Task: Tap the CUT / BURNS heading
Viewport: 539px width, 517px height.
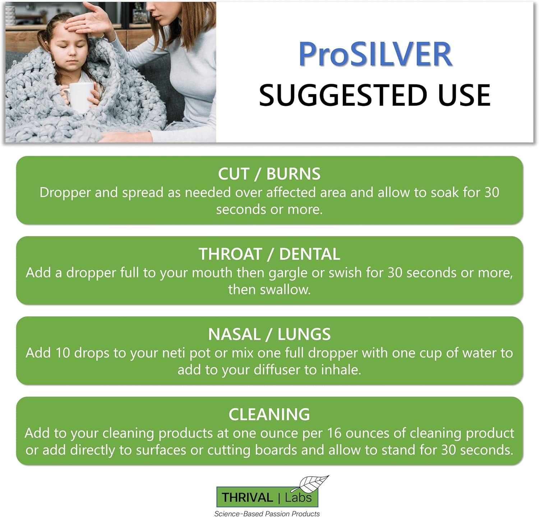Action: tap(269, 174)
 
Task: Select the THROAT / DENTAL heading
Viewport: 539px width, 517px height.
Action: tap(269, 254)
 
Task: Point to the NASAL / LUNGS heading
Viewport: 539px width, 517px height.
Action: tap(269, 334)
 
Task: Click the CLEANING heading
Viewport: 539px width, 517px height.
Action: tap(269, 414)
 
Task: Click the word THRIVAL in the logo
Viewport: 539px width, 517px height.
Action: tap(247, 498)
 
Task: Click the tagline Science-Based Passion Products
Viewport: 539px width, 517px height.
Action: tap(267, 514)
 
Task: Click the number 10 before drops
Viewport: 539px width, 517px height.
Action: tap(62, 353)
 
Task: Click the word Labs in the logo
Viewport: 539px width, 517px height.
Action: tap(298, 498)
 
